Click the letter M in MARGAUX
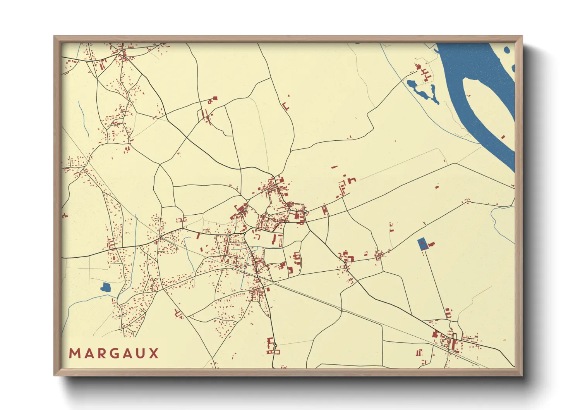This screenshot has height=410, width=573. pos(74,353)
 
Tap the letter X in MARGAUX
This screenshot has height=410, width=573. pos(154,353)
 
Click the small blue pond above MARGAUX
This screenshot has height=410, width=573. pos(105,288)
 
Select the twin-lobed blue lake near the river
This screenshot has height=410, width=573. pos(422,90)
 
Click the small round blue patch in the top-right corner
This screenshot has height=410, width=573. pos(506,50)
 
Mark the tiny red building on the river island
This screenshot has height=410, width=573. pos(503,137)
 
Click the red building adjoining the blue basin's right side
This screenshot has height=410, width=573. pos(431,244)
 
